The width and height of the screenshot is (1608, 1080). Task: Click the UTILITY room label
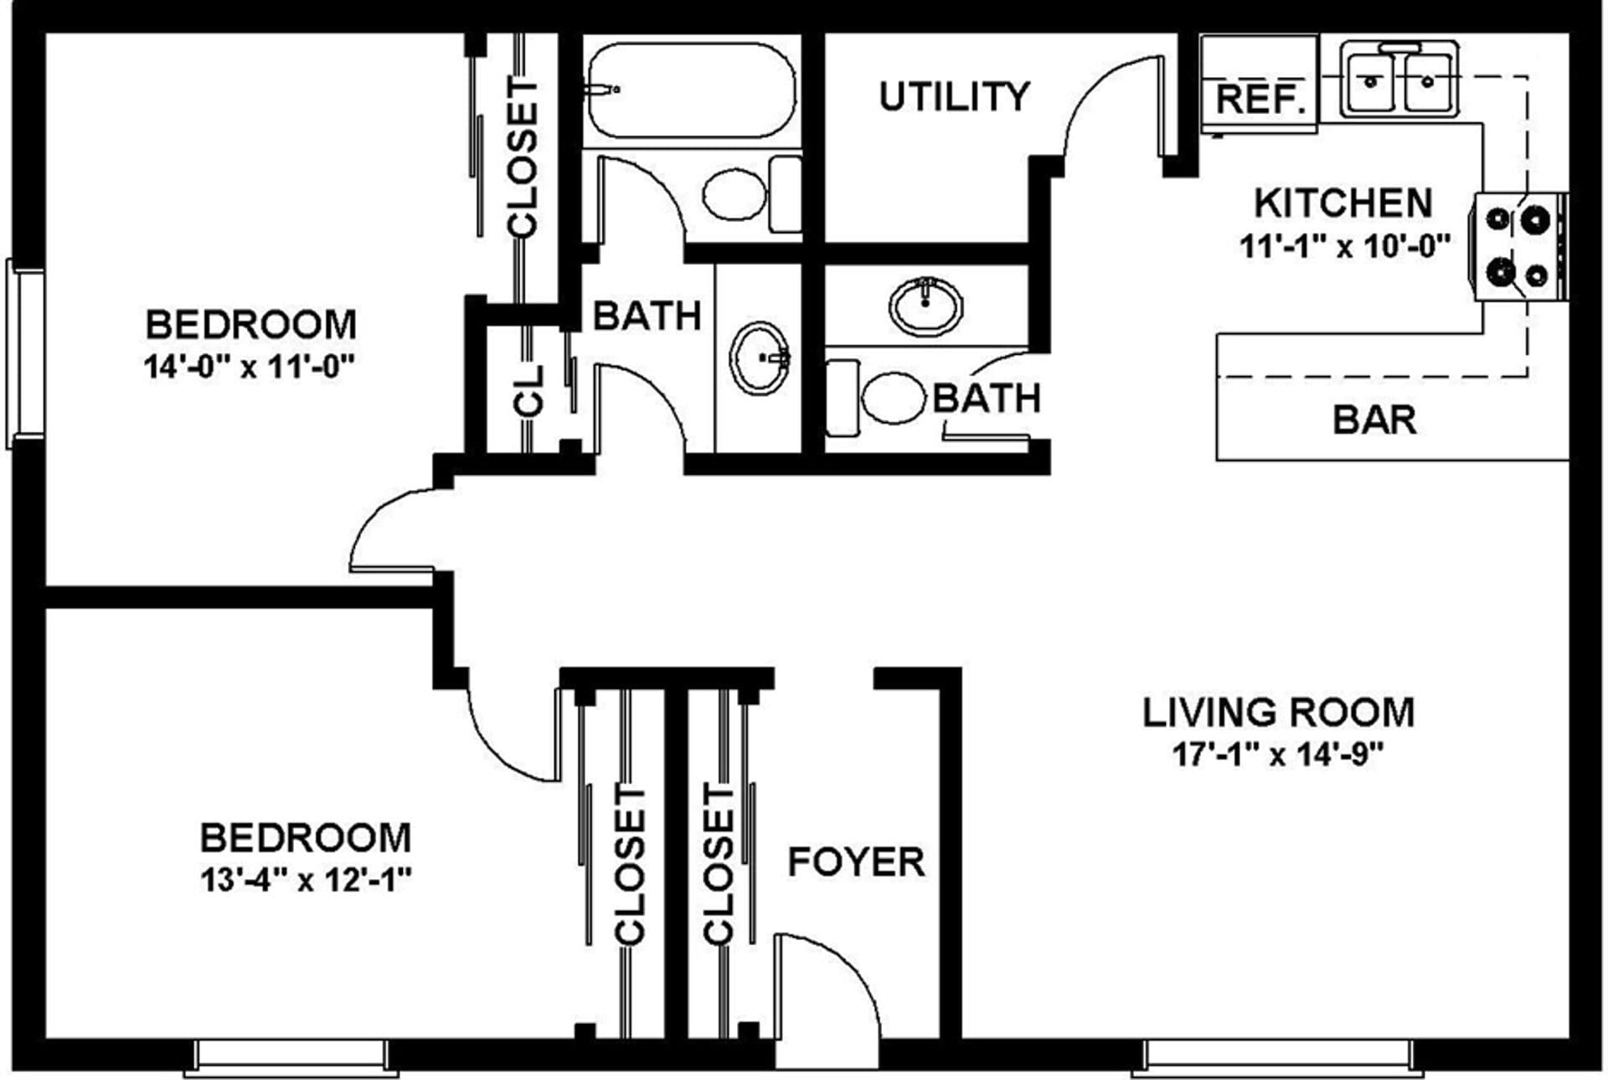point(954,97)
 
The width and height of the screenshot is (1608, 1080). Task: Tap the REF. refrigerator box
point(1260,99)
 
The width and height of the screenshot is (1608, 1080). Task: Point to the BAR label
point(1374,419)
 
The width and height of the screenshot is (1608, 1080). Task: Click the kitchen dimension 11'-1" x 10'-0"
point(1344,247)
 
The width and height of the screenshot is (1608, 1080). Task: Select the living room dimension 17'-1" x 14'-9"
point(1276,754)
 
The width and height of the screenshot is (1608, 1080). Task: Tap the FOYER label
point(856,861)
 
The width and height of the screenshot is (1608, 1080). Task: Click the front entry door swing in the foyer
point(829,988)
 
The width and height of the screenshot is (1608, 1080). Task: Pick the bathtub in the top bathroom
point(691,90)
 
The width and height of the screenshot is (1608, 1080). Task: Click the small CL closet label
point(528,390)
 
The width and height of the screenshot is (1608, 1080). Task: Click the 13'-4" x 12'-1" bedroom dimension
point(306,880)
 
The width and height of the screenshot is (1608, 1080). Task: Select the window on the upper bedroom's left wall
point(23,353)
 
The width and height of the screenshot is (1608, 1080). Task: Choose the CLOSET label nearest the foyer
point(719,864)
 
